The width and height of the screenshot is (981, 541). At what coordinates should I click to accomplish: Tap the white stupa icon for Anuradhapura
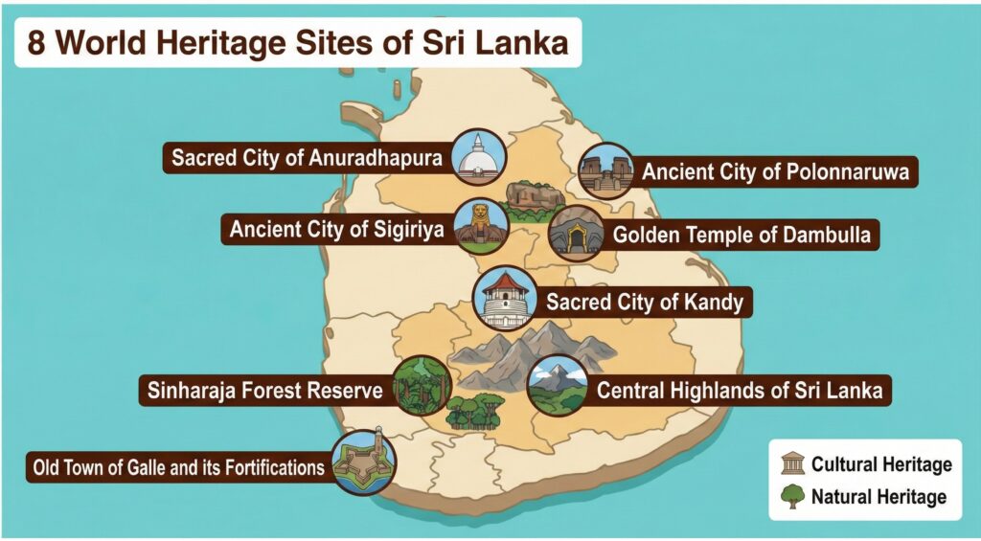pyautogui.click(x=478, y=156)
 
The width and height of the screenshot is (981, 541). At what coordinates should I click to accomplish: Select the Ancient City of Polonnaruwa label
pyautogui.click(x=776, y=172)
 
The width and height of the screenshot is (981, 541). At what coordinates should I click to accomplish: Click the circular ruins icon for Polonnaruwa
pyautogui.click(x=606, y=171)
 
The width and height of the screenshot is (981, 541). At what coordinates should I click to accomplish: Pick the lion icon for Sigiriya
pyautogui.click(x=481, y=227)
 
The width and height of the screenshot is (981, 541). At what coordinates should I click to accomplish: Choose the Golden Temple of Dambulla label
pyautogui.click(x=742, y=234)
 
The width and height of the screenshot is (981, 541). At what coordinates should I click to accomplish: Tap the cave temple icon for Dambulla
pyautogui.click(x=577, y=233)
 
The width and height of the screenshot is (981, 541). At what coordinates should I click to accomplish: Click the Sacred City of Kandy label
pyautogui.click(x=644, y=303)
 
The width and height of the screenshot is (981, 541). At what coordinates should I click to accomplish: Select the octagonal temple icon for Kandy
pyautogui.click(x=504, y=299)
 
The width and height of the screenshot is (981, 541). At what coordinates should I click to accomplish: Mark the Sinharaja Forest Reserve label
pyautogui.click(x=265, y=391)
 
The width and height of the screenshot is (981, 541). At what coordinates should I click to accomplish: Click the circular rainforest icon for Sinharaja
pyautogui.click(x=422, y=385)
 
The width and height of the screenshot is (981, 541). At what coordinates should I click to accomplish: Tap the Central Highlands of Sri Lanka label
pyautogui.click(x=739, y=391)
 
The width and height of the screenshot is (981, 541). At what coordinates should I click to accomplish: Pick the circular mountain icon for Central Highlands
pyautogui.click(x=558, y=385)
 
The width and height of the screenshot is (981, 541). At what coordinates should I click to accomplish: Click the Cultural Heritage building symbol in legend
pyautogui.click(x=792, y=465)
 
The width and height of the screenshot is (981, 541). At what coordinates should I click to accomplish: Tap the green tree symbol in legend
pyautogui.click(x=792, y=497)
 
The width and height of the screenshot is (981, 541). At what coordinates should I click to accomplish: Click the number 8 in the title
pyautogui.click(x=36, y=43)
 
